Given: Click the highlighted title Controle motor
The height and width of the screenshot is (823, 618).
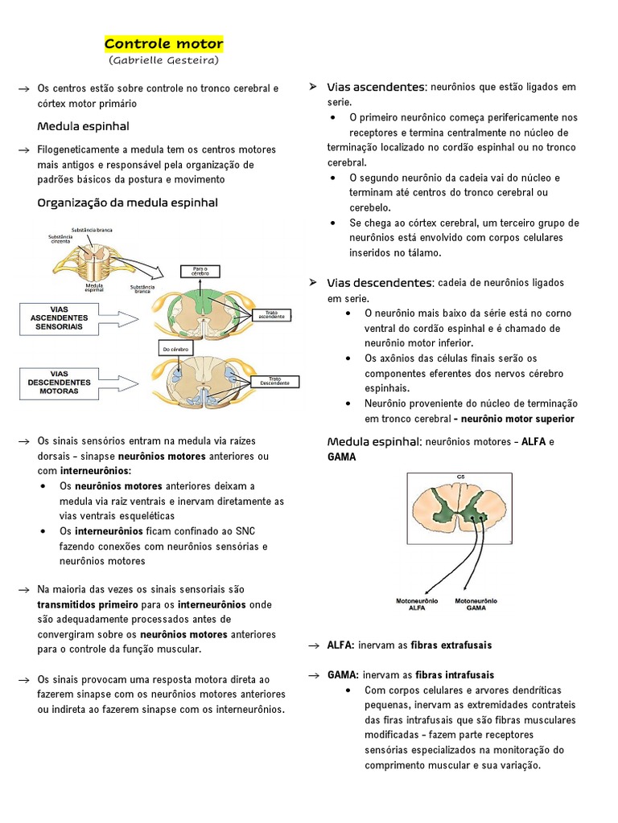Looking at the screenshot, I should coord(163,43).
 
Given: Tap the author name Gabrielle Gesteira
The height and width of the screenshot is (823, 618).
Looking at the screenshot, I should coord(163,60).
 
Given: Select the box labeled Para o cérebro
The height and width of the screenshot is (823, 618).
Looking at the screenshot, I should coord(200,271).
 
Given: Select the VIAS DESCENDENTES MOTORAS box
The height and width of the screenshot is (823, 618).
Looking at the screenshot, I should coord(59,383).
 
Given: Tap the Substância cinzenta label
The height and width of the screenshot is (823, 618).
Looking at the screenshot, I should coord(61,240).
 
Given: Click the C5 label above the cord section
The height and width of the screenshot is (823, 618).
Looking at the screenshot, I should coord(461,477).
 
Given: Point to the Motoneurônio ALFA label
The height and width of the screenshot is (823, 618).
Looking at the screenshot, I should coord(417,604).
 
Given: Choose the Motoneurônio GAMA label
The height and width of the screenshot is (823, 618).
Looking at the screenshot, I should coord(477,604).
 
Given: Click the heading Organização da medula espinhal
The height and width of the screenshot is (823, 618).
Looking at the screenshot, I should coord(128,203).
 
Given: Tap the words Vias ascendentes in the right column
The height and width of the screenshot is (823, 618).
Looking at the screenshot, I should coord(376,87).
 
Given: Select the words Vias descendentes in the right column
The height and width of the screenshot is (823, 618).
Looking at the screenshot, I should coord(380,283).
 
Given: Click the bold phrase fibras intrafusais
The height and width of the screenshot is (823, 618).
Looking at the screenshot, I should coord(455,675).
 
